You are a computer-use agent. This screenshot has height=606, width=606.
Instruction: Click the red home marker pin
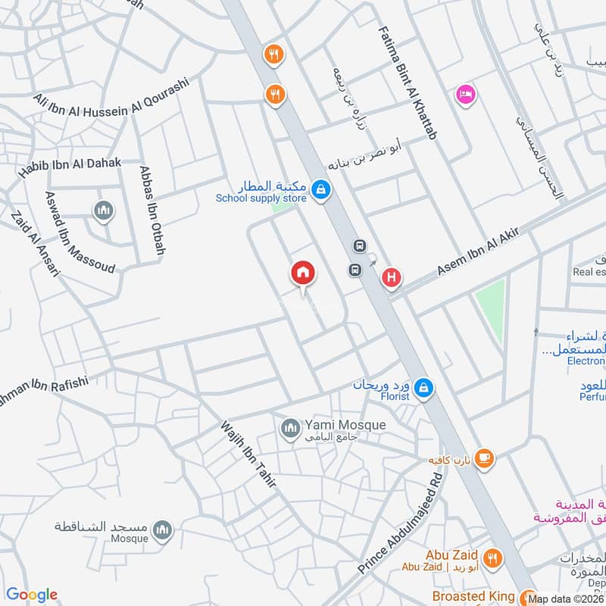(303, 273)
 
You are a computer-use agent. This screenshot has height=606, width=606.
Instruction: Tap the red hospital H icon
(391, 278)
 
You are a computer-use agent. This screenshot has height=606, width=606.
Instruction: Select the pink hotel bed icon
(464, 95)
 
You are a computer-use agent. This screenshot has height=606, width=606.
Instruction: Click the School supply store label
(261, 198)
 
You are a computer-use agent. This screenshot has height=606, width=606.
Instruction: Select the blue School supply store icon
(321, 189)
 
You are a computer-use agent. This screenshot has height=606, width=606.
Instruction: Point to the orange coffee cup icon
(484, 458)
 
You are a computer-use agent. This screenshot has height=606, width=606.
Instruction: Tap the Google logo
(32, 595)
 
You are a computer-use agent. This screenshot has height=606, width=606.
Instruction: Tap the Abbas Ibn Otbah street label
(153, 209)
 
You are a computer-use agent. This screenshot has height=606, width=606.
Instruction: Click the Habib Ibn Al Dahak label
(70, 158)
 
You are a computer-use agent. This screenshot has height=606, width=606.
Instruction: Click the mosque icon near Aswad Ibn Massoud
(103, 210)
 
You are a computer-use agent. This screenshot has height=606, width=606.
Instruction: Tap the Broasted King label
(474, 596)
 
